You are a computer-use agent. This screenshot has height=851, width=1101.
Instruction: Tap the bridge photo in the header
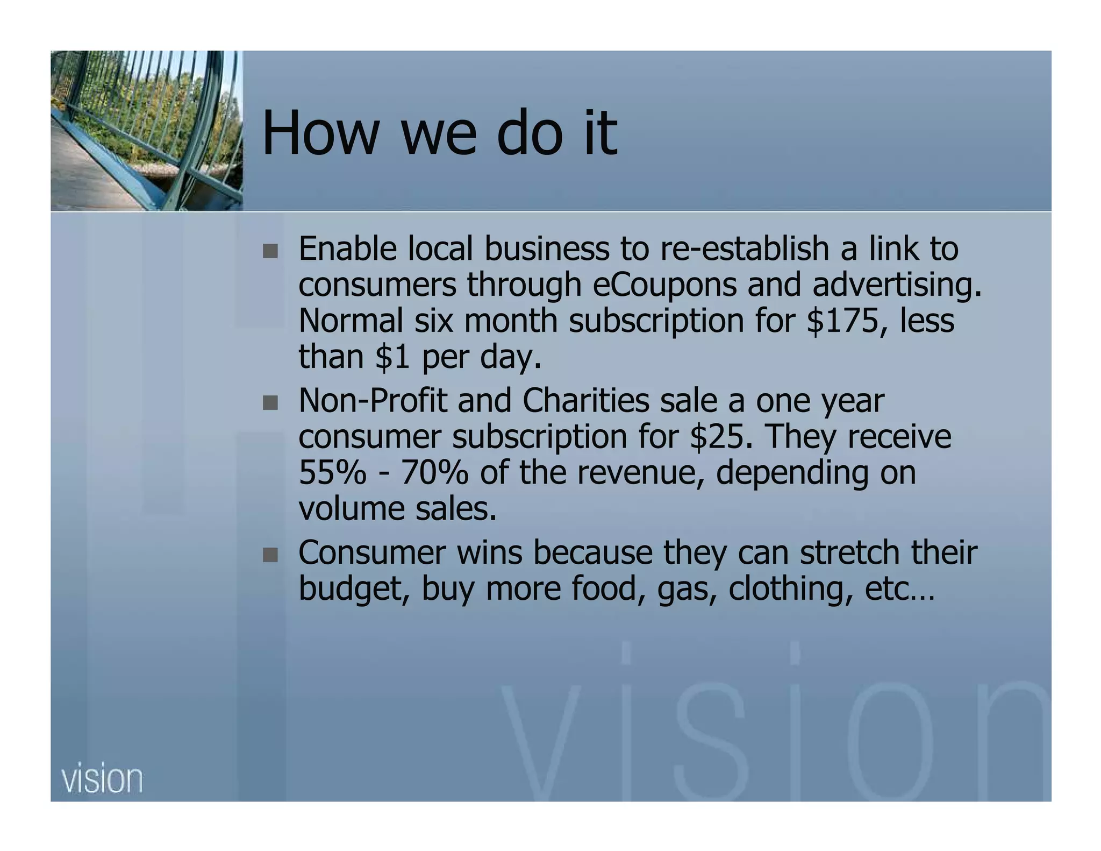[146, 131]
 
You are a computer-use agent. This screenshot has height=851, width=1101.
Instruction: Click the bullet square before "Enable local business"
[270, 251]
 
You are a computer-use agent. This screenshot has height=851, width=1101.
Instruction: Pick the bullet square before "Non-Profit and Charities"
[270, 403]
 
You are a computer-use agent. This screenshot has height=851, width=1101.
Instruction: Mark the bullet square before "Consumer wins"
[270, 555]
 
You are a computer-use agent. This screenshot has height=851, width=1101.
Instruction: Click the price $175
[847, 321]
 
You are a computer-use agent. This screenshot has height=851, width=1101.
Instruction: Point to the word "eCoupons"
[664, 285]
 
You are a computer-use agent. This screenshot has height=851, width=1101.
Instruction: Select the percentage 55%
[332, 472]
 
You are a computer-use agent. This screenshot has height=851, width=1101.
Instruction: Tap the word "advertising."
[897, 286]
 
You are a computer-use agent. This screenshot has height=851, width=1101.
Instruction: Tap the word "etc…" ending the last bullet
[900, 588]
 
